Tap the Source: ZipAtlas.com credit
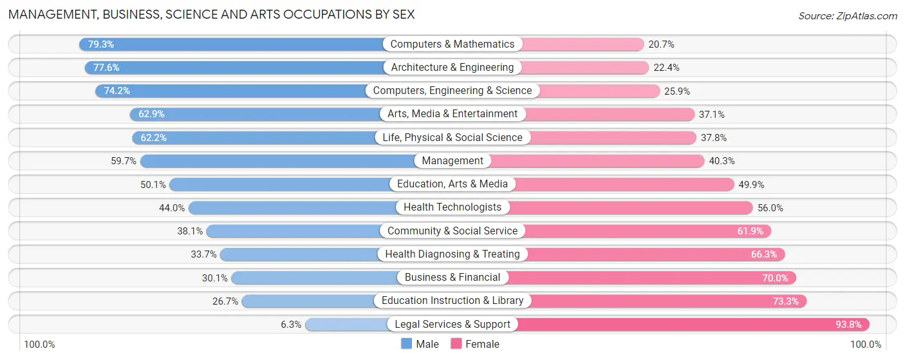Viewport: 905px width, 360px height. [x=847, y=15]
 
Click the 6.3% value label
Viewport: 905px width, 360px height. [x=291, y=325]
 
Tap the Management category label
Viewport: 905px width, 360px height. [x=452, y=161]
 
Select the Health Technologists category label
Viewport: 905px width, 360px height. [x=452, y=207]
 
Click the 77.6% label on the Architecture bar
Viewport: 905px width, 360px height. [x=106, y=68]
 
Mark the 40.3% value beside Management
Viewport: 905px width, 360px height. [x=722, y=161]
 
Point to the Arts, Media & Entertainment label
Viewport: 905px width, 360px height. [x=452, y=114]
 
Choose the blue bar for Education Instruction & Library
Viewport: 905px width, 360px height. [x=309, y=301]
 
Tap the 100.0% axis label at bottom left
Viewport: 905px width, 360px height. [x=39, y=345]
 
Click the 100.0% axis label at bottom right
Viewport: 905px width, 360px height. [x=866, y=345]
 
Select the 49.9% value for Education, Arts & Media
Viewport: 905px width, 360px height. [x=751, y=184]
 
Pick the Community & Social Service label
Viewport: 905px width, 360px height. [x=452, y=231]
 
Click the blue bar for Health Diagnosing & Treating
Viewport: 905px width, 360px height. [x=299, y=254]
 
